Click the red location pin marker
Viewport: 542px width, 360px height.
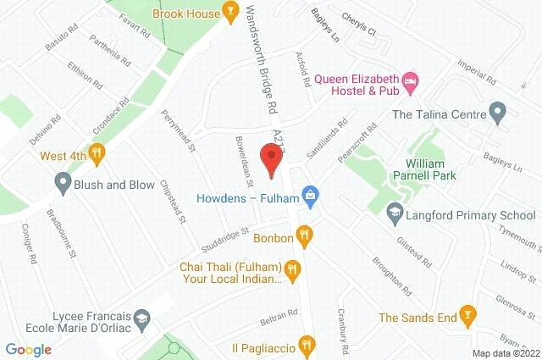[x=271, y=158]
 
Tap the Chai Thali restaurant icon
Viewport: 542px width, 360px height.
[x=291, y=271]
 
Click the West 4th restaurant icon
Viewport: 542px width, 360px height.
[x=97, y=153]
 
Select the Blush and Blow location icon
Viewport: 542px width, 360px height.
[x=62, y=181]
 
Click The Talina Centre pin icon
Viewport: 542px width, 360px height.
[x=498, y=113]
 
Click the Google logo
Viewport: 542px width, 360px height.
[x=29, y=348]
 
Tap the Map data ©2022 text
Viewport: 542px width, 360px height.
[x=505, y=353]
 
